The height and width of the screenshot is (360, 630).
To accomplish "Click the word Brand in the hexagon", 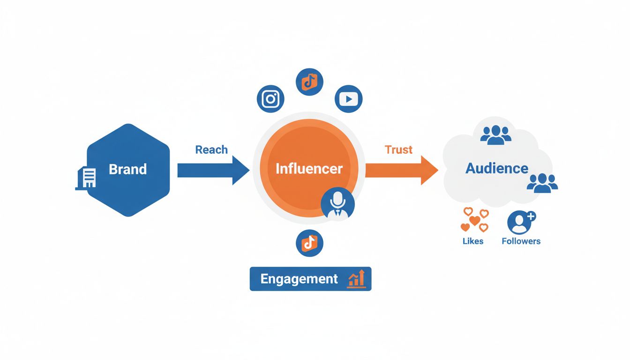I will [x=127, y=169].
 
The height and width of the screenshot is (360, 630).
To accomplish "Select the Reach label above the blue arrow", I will [x=211, y=150].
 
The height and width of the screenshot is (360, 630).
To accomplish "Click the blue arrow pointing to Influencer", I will [x=213, y=170].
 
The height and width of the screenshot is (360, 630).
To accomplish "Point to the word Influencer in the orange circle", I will [x=309, y=169].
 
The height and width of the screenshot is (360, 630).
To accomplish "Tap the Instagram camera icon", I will [x=270, y=99].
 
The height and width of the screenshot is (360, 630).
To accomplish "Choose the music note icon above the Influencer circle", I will [x=309, y=82].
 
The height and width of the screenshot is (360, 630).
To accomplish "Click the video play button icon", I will [x=349, y=99].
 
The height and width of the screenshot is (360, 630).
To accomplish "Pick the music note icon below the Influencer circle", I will [x=309, y=243].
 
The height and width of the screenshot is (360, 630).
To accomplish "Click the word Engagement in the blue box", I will [x=299, y=279].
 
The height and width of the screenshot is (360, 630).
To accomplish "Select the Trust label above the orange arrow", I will [x=398, y=150].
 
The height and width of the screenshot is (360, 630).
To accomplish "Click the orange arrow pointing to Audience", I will [x=401, y=170].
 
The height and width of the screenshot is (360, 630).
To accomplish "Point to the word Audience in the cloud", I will [x=497, y=168].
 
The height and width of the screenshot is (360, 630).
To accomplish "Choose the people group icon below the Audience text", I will [x=542, y=182].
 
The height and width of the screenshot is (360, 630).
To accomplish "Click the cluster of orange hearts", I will [x=474, y=220].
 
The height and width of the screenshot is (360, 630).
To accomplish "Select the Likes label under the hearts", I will [x=472, y=241].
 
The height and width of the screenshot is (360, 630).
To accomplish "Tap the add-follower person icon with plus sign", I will [x=521, y=222].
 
